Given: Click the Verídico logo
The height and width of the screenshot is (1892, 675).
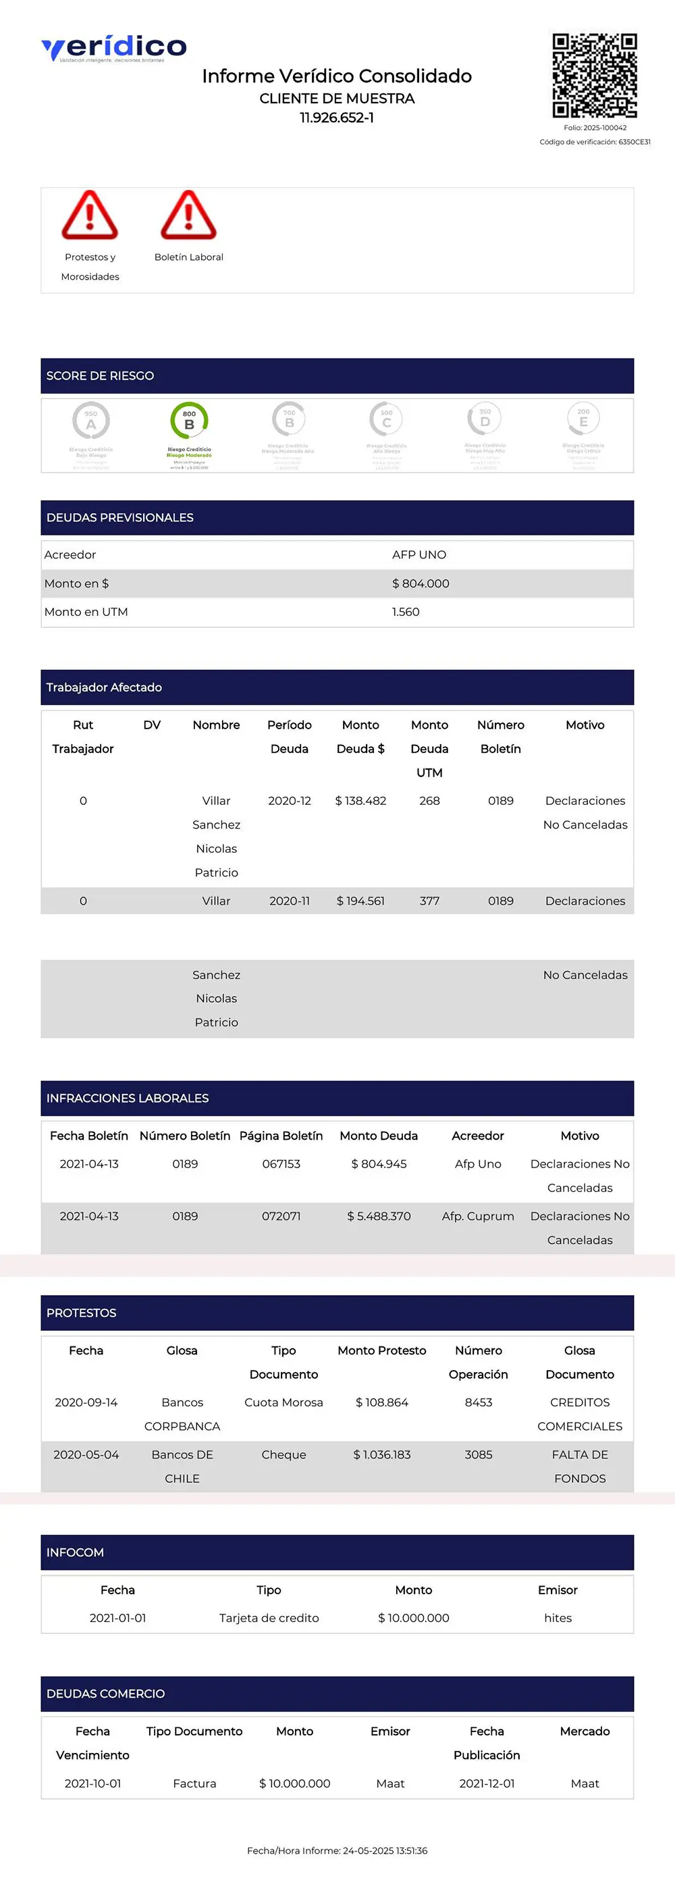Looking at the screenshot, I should point(114,49).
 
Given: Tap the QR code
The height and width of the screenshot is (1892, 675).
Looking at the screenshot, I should point(594,76).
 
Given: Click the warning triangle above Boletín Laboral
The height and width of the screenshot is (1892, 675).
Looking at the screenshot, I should point(189,215).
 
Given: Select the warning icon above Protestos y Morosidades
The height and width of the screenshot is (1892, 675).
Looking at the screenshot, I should point(90,215).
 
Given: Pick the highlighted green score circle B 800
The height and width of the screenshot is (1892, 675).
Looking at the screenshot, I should point(189,421).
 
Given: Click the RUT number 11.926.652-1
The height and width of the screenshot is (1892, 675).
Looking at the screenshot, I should point(336,117).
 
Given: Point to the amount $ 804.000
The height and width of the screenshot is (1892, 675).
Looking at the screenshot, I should point(420,583).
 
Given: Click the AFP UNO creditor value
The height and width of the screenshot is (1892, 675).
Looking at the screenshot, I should point(418,554).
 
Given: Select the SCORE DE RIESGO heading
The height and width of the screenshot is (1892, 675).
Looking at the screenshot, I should point(100,375).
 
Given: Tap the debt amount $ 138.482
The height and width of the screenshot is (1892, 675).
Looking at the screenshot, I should point(360,801).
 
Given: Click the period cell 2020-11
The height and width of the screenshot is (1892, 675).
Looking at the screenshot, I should point(290,901).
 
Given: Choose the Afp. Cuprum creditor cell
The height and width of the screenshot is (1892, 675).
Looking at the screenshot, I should point(477,1215).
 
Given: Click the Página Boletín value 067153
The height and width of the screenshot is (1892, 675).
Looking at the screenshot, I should point(281,1163).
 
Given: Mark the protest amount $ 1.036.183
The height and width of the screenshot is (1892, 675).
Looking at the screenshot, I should point(382,1454).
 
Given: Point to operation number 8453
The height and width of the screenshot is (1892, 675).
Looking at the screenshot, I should point(478,1402).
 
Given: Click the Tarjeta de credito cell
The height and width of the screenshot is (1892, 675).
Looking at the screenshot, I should point(269,1617).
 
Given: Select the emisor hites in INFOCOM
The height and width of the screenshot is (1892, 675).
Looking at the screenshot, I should point(558,1617).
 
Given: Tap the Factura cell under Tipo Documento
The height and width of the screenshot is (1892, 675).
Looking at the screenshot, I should point(194,1783).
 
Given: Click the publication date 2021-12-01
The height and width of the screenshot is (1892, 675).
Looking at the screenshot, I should point(486,1783).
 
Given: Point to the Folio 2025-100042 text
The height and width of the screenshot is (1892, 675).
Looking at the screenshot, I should point(595,128).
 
